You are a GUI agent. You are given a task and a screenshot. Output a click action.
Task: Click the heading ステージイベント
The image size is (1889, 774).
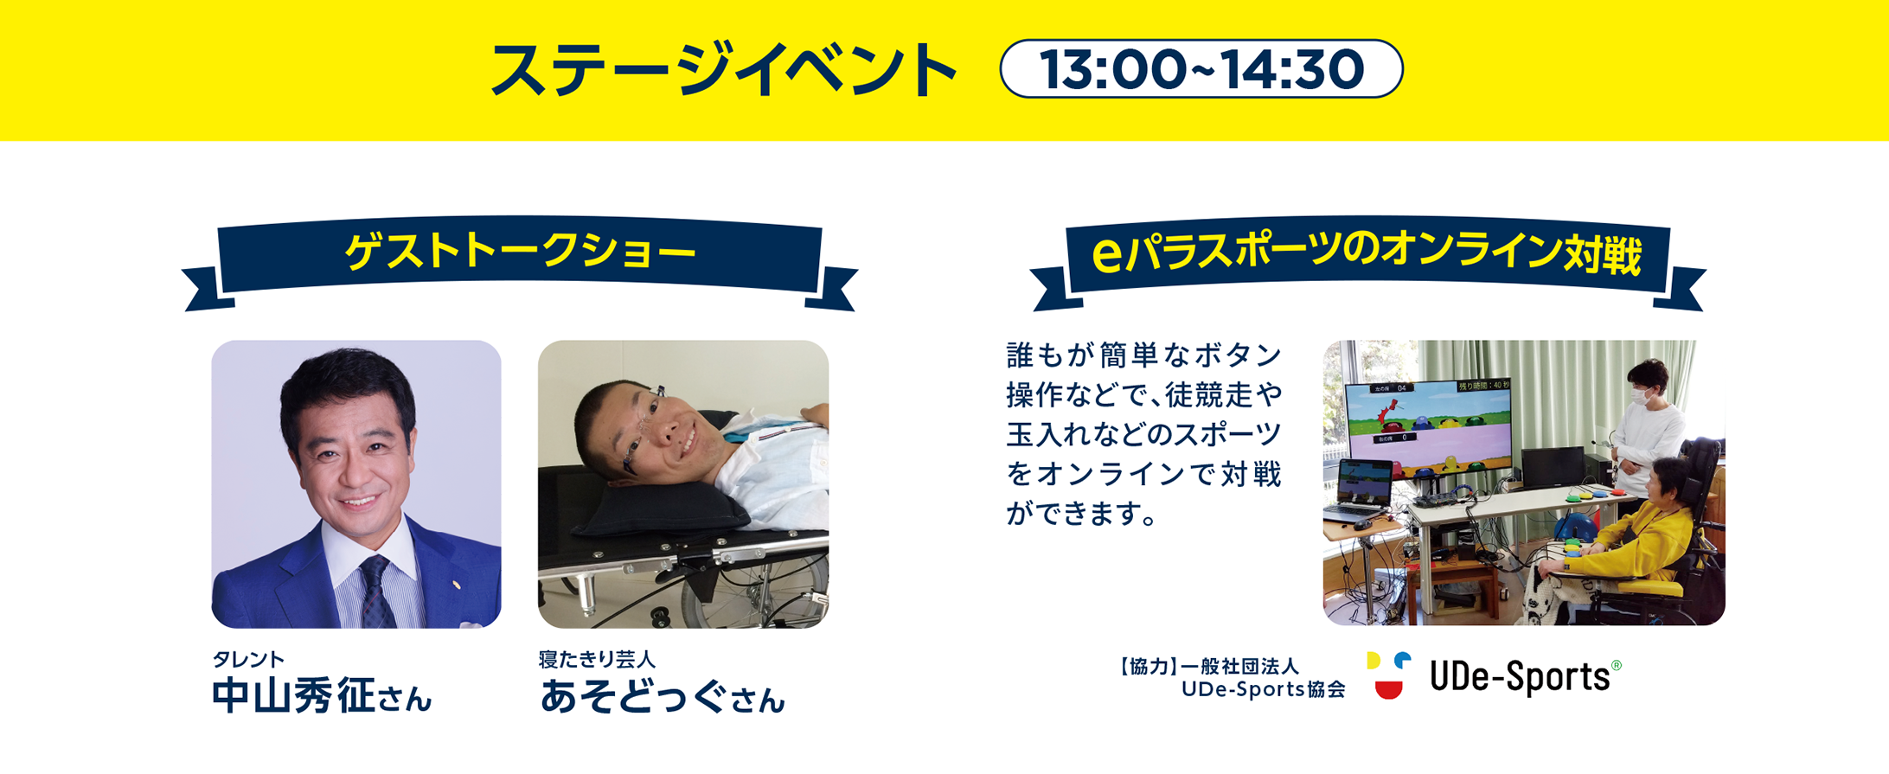[x=723, y=70]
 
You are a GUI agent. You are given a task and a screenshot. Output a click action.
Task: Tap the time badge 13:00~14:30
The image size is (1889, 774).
[x=1201, y=69]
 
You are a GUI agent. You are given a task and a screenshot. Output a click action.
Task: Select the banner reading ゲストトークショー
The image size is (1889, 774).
[x=519, y=253]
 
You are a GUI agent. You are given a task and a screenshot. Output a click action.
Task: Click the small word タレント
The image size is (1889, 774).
[x=248, y=659]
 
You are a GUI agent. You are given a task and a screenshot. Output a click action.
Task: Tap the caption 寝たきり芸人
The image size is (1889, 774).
[x=597, y=659]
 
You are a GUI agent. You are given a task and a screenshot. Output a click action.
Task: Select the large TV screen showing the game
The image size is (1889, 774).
[x=1427, y=428]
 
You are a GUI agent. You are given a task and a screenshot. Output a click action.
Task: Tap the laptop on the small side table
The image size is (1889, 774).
[x=1363, y=493]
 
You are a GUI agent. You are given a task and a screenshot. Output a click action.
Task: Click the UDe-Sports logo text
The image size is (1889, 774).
[x=1519, y=676]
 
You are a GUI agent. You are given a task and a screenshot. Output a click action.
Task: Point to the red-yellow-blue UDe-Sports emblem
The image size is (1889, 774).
[x=1388, y=675]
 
